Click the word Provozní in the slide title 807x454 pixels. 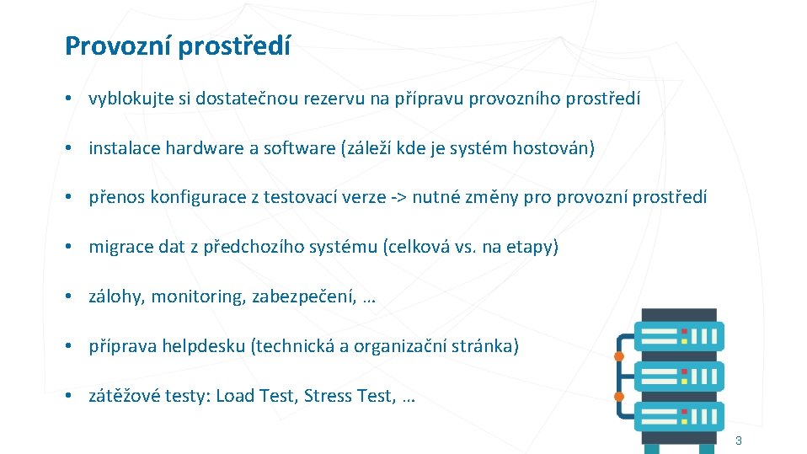tap(118, 46)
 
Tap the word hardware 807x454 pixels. tap(204, 149)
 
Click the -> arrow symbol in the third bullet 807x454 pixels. tap(400, 198)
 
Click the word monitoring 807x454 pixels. tap(197, 296)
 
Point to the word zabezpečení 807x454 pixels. tap(302, 296)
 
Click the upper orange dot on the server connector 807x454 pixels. tap(618, 356)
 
